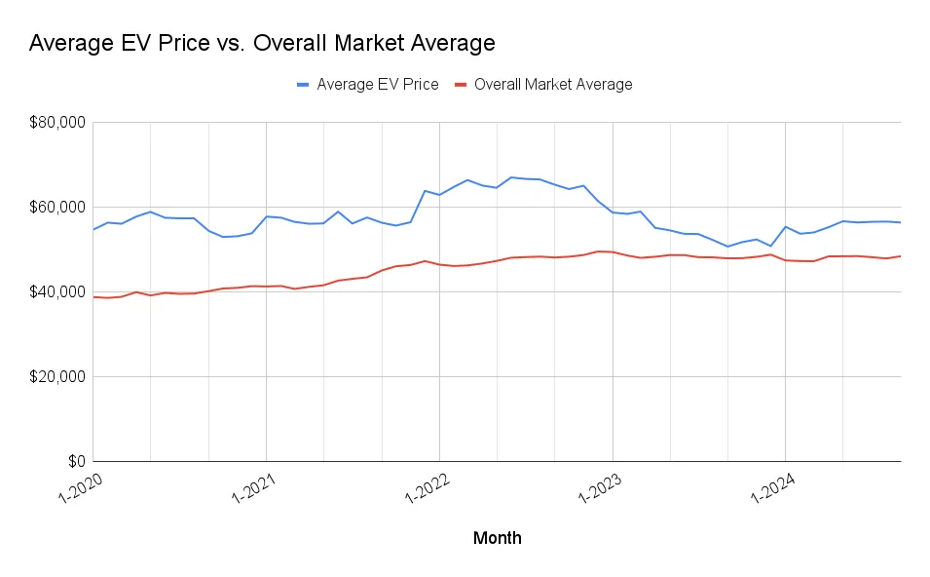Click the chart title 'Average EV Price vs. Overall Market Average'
point(262,43)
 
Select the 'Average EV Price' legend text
point(377,85)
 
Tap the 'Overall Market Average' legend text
point(552,85)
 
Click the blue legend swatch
point(303,85)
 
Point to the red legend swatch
point(461,85)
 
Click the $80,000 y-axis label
point(56,123)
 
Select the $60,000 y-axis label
point(56,208)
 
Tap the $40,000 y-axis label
point(56,292)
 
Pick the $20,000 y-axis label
point(56,377)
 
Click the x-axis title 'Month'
point(497,538)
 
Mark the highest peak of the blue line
point(511,177)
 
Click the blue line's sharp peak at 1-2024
point(785,226)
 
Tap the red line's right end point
point(901,256)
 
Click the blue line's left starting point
point(93,230)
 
